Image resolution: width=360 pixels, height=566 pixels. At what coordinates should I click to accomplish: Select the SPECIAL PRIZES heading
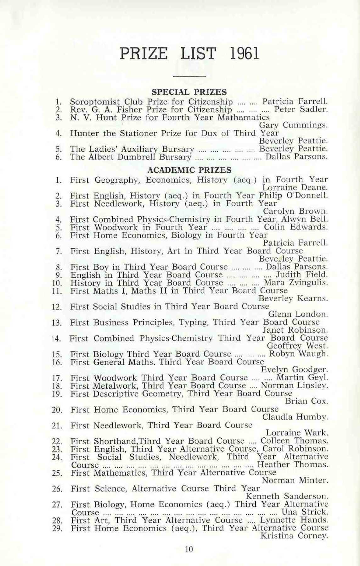point(189,92)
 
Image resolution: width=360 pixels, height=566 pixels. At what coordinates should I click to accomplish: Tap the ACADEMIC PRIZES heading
point(189,170)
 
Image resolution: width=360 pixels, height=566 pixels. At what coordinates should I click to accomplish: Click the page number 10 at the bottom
point(189,549)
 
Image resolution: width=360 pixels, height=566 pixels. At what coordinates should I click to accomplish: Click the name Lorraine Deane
point(295,188)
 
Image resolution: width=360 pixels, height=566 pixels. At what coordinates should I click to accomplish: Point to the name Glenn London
point(298,314)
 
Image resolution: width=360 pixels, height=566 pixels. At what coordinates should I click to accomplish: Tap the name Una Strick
point(306,512)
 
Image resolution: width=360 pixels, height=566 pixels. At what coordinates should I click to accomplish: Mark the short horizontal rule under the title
point(189,76)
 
